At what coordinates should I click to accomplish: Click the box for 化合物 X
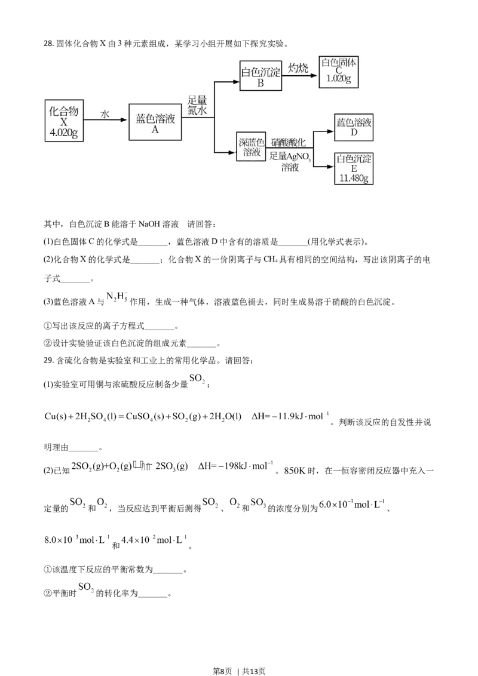pos(64,121)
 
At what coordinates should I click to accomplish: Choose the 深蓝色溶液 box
pos(251,148)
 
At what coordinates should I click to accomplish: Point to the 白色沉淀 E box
pos(354,168)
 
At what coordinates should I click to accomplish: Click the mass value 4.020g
pos(64,133)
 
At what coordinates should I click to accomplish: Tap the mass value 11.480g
pos(354,179)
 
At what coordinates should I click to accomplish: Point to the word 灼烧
pos(298,68)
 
